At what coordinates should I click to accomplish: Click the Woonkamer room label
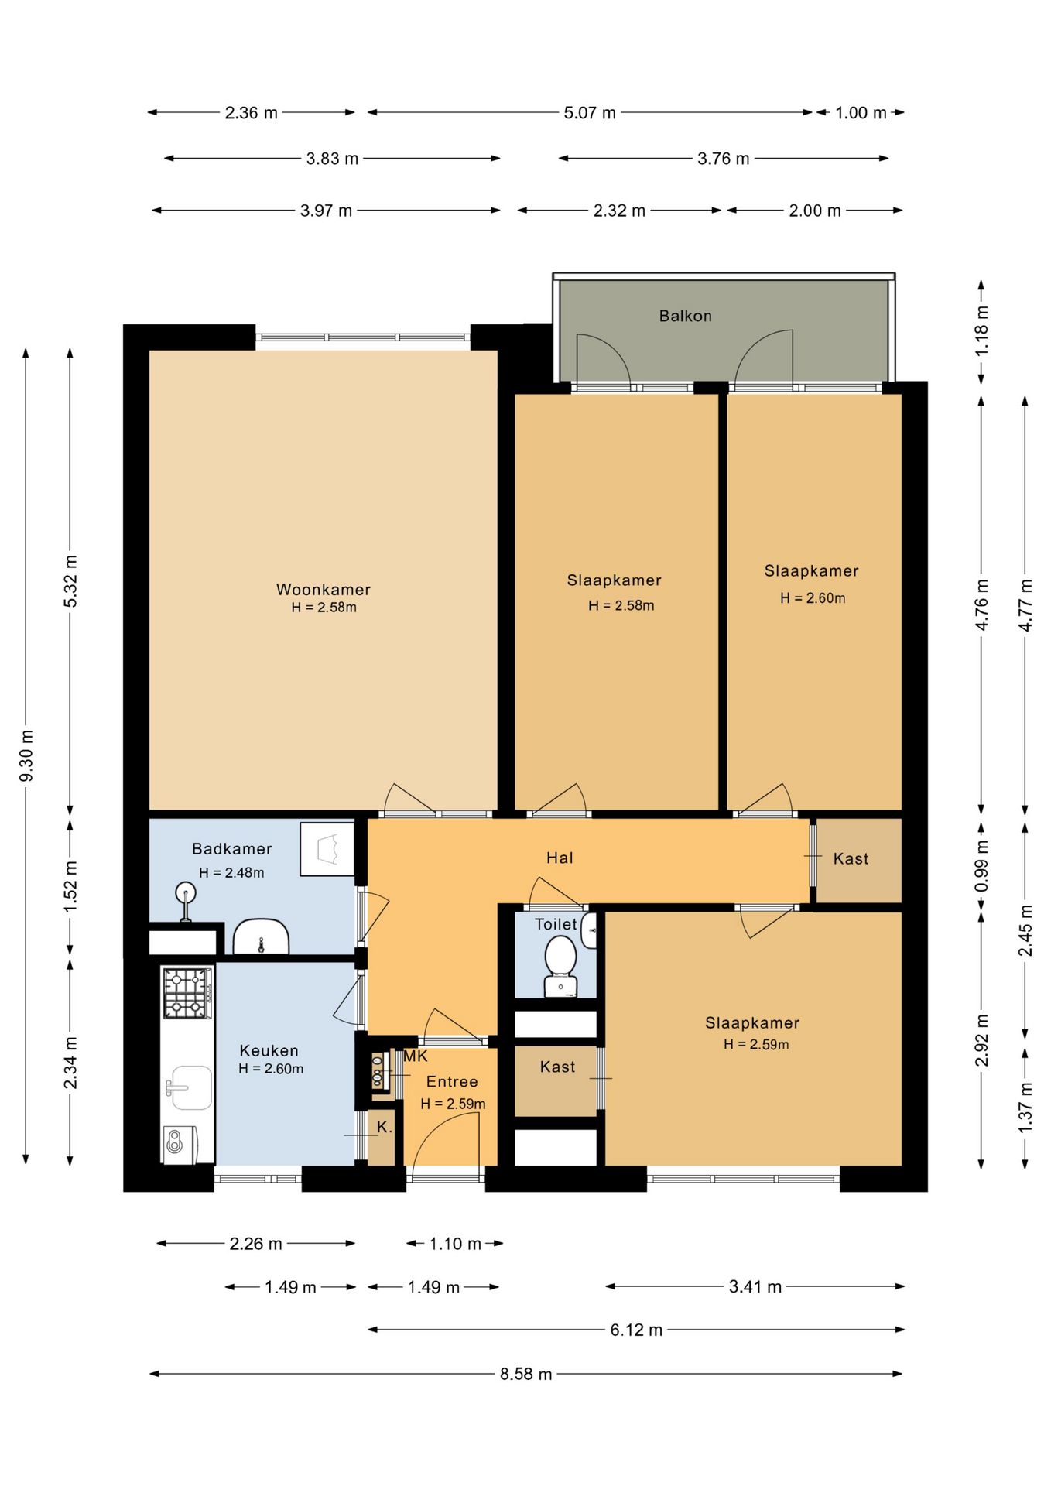(x=324, y=590)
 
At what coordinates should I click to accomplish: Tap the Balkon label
(x=685, y=316)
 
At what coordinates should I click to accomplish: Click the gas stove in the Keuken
(x=187, y=993)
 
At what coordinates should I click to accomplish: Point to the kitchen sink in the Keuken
(x=188, y=1087)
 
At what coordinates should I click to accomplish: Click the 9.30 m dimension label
(x=26, y=755)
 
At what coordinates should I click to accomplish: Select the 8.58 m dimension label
(x=526, y=1374)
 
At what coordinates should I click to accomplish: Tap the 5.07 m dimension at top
(x=590, y=113)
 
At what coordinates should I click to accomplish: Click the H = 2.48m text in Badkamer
(x=231, y=872)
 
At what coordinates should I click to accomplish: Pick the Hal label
(x=560, y=858)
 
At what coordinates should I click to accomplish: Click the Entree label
(x=452, y=1081)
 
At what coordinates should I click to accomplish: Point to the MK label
(x=416, y=1056)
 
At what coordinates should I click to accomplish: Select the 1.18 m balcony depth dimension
(x=981, y=331)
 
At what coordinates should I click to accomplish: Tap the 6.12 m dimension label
(x=636, y=1330)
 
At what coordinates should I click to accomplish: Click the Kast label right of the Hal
(x=851, y=858)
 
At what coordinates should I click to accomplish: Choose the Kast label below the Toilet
(x=557, y=1067)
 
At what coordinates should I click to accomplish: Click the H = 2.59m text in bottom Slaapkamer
(x=756, y=1044)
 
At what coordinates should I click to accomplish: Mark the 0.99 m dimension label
(x=981, y=866)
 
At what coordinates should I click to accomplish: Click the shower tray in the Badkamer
(x=327, y=848)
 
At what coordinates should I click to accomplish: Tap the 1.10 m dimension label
(x=455, y=1244)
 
